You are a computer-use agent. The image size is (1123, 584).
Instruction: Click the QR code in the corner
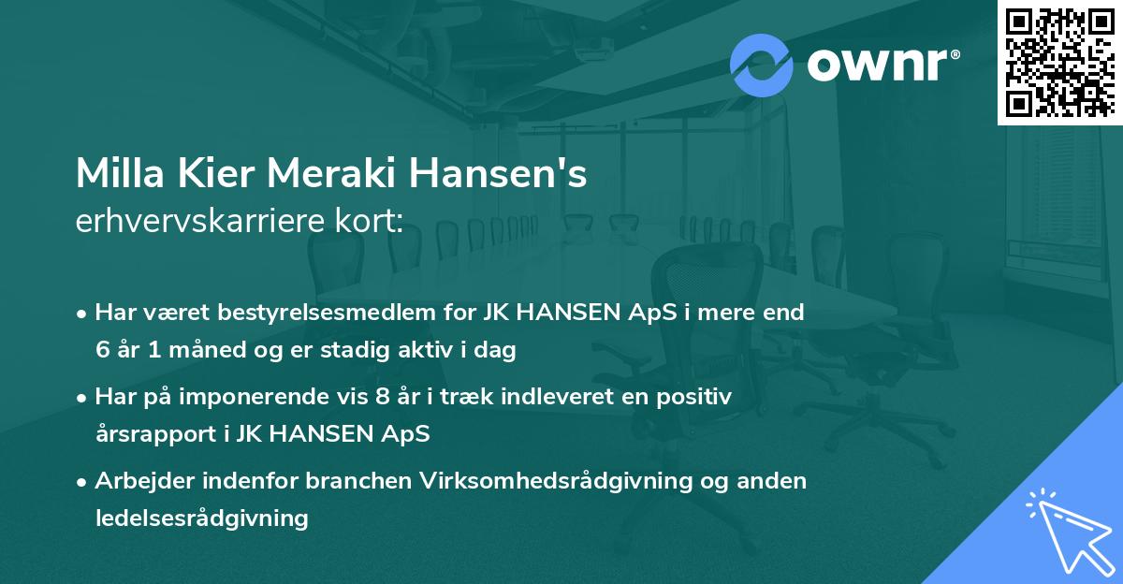coord(1058,63)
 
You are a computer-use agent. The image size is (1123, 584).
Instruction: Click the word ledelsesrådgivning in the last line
coord(201,518)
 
